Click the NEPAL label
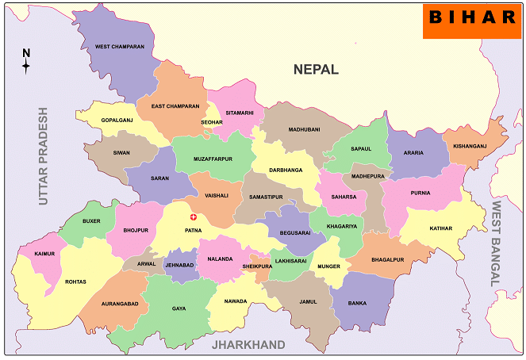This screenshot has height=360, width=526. click(316, 70)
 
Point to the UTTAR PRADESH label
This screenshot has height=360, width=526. click(43, 156)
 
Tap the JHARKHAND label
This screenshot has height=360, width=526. click(248, 345)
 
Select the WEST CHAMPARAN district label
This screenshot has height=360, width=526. click(120, 47)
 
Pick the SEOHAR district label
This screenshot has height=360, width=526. click(212, 122)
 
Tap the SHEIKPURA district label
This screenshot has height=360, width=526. click(257, 266)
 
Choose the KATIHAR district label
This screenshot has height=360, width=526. click(440, 228)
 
